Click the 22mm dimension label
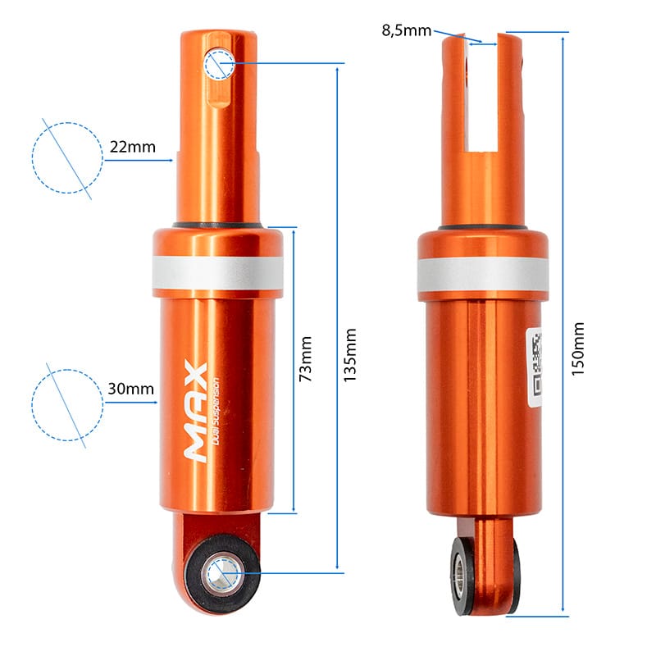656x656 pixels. point(133,147)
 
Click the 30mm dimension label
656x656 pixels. point(131,389)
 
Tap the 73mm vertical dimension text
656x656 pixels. point(306,358)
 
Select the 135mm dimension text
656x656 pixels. point(350,355)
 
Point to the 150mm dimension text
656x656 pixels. point(578,349)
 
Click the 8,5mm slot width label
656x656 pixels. point(406,30)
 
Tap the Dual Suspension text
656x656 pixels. point(215,412)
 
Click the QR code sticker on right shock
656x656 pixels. point(535,367)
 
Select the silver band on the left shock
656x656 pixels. point(217,272)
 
